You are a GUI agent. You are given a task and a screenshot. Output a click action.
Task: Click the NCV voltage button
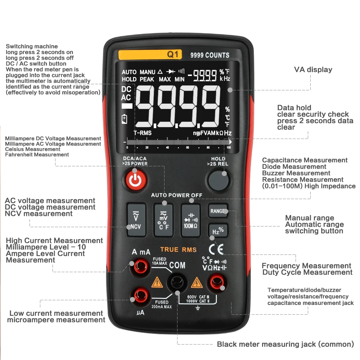[x=136, y=220]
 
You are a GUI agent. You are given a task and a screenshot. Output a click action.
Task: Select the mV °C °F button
[x=163, y=220]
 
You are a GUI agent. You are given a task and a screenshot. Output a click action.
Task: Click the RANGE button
[x=217, y=211]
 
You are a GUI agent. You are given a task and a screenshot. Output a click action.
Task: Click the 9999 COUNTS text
[x=210, y=55]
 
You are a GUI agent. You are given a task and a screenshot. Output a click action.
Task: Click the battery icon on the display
[x=125, y=119]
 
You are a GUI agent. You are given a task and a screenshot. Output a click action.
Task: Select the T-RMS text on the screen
[x=143, y=133]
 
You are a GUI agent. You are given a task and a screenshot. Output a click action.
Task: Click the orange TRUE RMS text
[x=178, y=249]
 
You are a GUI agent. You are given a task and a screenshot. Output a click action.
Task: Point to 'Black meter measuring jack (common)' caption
[x=285, y=344]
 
